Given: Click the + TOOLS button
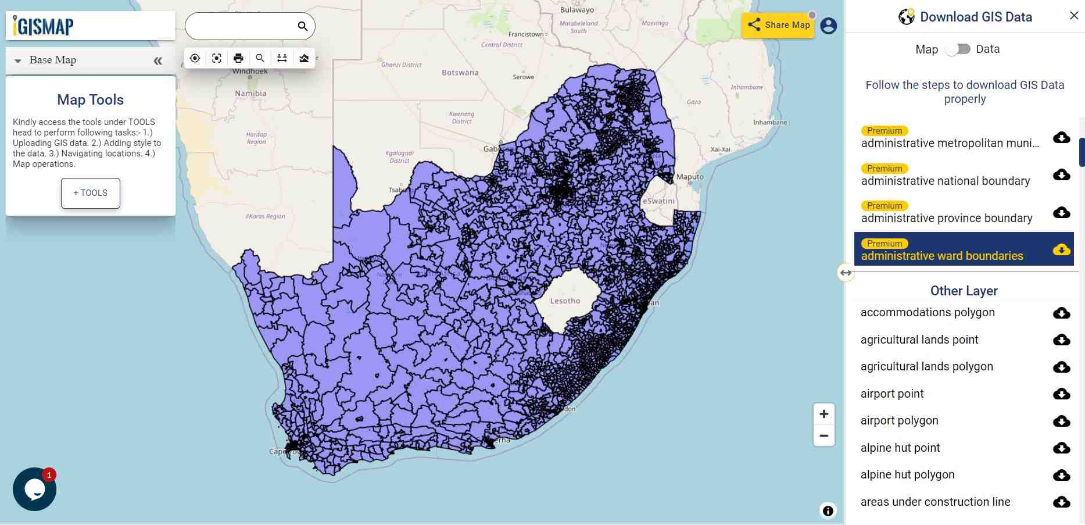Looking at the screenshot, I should pos(91,193).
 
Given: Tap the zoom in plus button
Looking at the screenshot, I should pos(823,414).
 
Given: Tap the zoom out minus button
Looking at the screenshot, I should pos(823,435).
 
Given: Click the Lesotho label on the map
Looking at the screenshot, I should pos(565,301).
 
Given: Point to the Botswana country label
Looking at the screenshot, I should pos(460,73).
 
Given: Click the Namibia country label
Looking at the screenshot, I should pos(250,93).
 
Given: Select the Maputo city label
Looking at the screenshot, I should pos(690,177).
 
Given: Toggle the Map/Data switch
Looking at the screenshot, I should pos(957,49).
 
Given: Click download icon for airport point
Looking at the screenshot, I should pos(1061,394).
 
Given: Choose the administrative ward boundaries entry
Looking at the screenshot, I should pos(941,256).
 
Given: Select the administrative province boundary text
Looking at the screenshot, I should pos(946,218).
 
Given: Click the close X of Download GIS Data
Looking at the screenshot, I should pos(1073,16).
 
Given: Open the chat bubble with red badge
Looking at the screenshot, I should pos(34,489).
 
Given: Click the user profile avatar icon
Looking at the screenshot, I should pos(828,26).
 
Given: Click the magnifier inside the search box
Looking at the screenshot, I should pos(302,26).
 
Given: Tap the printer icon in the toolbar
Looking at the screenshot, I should pos(238,58).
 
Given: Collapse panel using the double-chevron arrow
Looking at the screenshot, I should pos(157,60).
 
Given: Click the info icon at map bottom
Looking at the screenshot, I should pos(828,510).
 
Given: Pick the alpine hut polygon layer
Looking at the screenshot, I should pos(907,474).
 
